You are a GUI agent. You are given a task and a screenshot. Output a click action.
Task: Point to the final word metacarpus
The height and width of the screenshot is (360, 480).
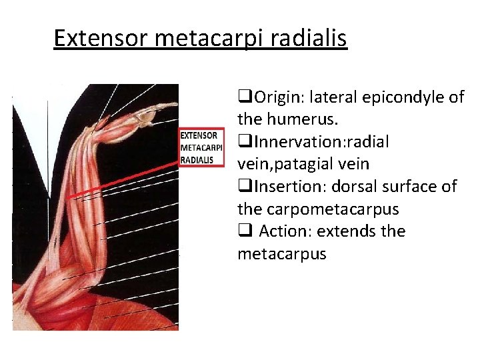pyautogui.click(x=281, y=254)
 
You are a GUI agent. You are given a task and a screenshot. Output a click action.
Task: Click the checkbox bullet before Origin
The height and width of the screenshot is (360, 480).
pyautogui.click(x=243, y=98)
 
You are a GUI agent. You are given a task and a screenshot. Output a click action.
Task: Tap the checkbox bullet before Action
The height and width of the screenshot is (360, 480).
pyautogui.click(x=243, y=232)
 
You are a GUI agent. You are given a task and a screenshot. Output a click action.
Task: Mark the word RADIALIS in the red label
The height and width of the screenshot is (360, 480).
pyautogui.click(x=197, y=160)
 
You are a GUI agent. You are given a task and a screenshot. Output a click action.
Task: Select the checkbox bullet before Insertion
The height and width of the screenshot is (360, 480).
pyautogui.click(x=243, y=187)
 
